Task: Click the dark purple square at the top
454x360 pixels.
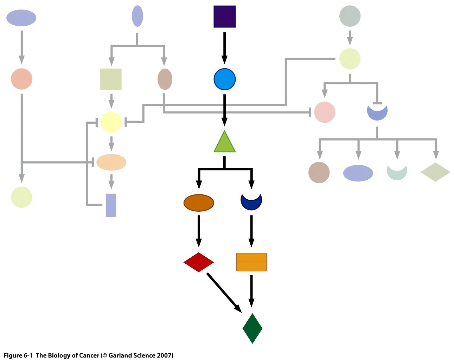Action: (224, 17)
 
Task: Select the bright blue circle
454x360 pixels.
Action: (224, 79)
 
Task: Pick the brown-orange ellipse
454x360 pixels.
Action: (199, 203)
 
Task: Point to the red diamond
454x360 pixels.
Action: (199, 262)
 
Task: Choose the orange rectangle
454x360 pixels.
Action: (251, 262)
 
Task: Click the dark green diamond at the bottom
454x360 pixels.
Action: (252, 328)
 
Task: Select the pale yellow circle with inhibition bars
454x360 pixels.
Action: (111, 122)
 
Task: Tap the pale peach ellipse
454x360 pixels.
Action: (111, 162)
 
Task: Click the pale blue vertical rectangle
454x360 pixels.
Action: (111, 205)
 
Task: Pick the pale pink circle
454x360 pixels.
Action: (324, 112)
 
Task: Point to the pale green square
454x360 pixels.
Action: (111, 79)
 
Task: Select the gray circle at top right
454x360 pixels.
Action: (350, 16)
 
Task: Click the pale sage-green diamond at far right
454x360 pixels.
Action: (435, 172)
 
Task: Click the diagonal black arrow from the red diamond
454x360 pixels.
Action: (224, 292)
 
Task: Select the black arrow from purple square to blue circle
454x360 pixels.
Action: (224, 48)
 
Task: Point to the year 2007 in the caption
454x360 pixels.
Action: (165, 355)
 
